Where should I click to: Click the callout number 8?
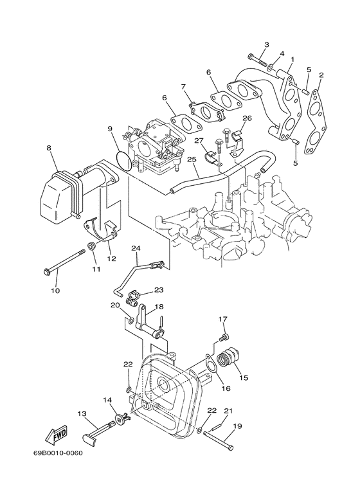[x=48, y=148]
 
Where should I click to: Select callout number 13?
[x=82, y=413]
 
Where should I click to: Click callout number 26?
[x=246, y=118]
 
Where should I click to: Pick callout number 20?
[x=116, y=305]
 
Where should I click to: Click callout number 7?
[x=183, y=86]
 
